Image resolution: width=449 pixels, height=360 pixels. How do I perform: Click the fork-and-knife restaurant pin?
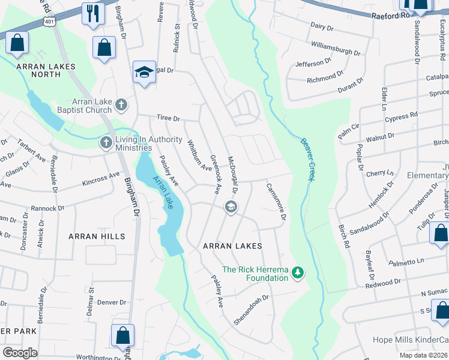pyautogui.click(x=92, y=14)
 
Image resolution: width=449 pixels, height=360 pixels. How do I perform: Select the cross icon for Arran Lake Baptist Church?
pyautogui.click(x=121, y=106)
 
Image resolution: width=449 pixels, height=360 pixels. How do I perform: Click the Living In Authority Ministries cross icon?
pyautogui.click(x=106, y=143)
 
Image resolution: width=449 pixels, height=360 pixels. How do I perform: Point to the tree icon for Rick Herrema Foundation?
pyautogui.click(x=297, y=274)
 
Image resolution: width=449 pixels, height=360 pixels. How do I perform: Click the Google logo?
pyautogui.click(x=20, y=353)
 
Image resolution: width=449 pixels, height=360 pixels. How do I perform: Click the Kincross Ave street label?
pyautogui.click(x=101, y=178)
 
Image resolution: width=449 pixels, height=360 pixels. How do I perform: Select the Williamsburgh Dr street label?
pyautogui.click(x=335, y=49)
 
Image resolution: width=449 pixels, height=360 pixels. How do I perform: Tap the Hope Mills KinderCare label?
pyautogui.click(x=414, y=340)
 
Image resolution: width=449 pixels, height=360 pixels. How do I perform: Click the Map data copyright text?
pyautogui.click(x=423, y=355)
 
